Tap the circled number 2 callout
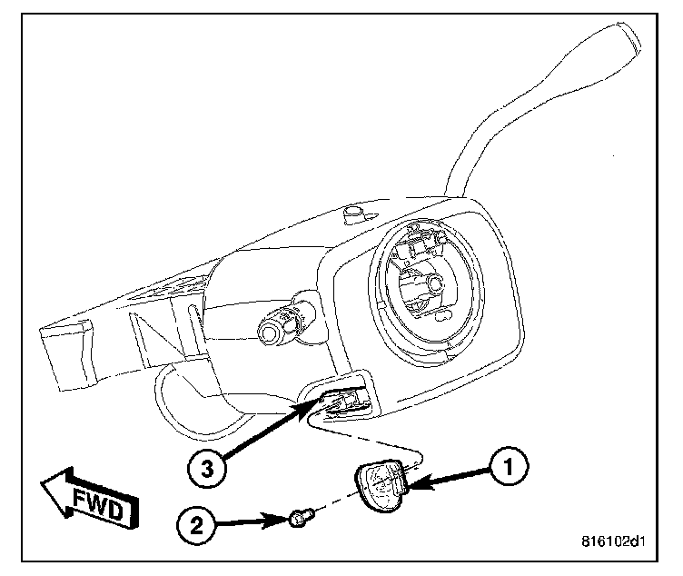point(201,524)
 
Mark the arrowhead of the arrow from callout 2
point(283,521)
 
